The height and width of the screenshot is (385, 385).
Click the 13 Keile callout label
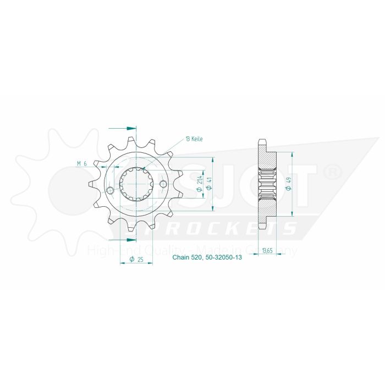coord(194,139)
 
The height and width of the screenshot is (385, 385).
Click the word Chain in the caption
coord(182,257)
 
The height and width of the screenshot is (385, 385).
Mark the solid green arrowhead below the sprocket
coord(132,240)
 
